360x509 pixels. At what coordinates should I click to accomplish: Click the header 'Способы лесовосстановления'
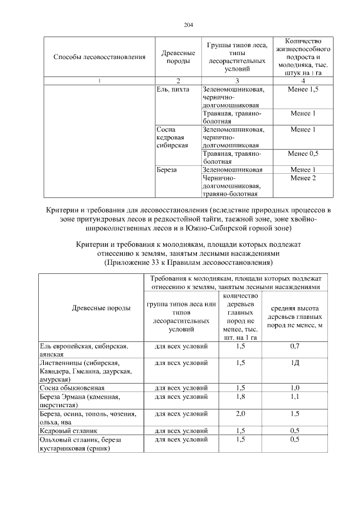click(x=99, y=57)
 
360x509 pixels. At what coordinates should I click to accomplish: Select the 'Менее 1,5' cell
click(x=302, y=89)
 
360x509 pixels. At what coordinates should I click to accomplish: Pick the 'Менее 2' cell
click(x=303, y=178)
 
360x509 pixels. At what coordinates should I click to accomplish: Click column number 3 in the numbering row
click(x=237, y=81)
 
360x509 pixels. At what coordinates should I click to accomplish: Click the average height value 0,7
click(x=294, y=346)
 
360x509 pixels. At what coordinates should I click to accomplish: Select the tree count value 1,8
click(x=240, y=397)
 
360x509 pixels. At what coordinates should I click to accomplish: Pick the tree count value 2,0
click(x=240, y=414)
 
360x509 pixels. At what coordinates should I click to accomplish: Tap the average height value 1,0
click(x=294, y=388)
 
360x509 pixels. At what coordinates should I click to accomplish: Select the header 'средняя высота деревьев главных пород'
click(x=294, y=317)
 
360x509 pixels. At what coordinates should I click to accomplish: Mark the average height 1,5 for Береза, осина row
click(x=294, y=414)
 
